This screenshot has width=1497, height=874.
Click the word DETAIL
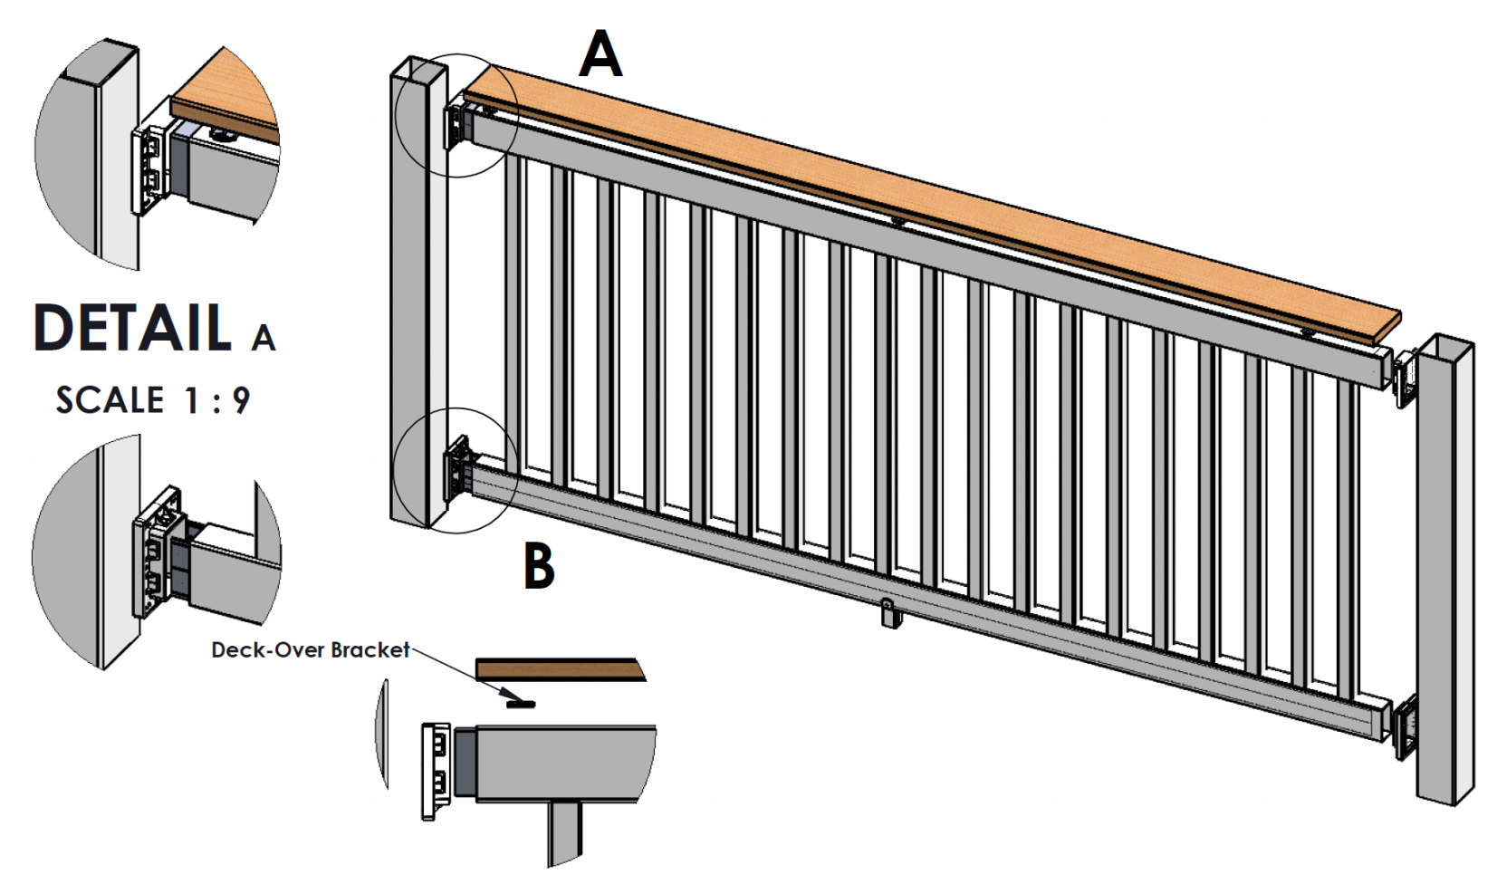click(x=133, y=327)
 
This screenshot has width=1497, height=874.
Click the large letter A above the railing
click(x=601, y=54)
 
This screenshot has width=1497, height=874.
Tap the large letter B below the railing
click(x=539, y=566)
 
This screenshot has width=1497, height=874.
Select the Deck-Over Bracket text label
click(x=310, y=649)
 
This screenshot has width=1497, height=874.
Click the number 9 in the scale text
click(x=240, y=400)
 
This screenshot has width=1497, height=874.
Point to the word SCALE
click(x=110, y=400)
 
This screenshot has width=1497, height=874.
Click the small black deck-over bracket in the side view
click(x=521, y=702)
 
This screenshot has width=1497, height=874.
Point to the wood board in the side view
click(x=559, y=669)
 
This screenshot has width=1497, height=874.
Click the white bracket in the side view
click(x=437, y=770)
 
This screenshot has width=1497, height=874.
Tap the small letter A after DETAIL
click(x=264, y=338)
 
